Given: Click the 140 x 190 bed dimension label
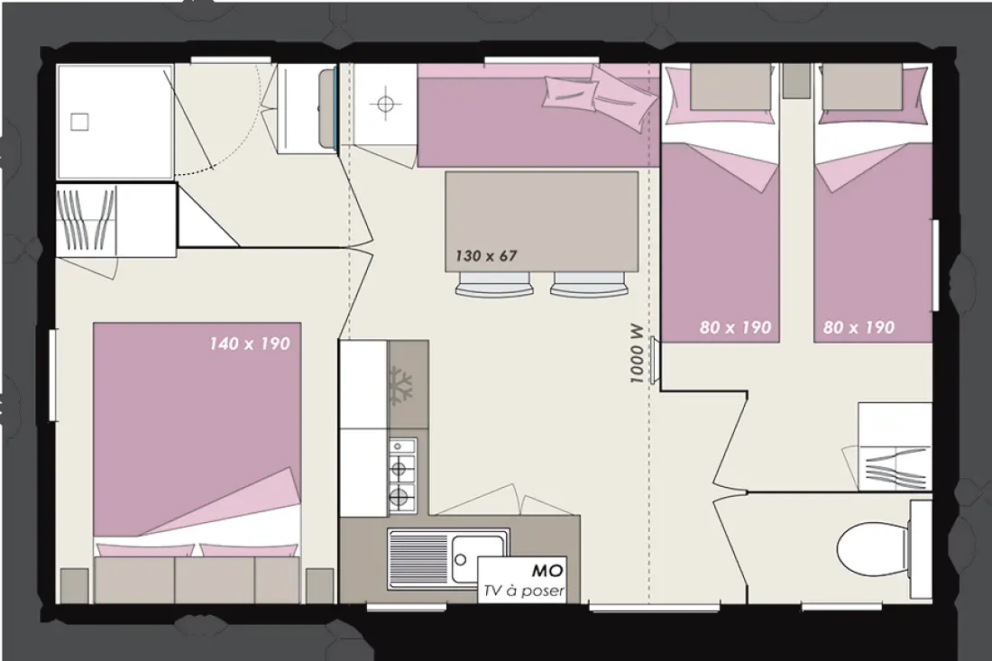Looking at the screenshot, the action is coord(250,344).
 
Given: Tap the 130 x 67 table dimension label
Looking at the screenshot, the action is coord(486,256).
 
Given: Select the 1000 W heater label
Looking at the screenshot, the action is coord(637,354).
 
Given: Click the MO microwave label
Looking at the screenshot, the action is coord(547,571).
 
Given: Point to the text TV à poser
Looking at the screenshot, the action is coord(523,592).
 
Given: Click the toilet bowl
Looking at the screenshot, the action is coord(874,546).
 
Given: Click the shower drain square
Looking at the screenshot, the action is coord(79,122).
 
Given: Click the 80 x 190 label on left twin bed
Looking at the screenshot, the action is coord(735,327).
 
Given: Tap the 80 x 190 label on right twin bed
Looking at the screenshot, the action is coord(859,327).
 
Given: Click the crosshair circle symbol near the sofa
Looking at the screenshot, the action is coord(385,103).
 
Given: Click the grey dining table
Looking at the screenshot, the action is coord(542,222).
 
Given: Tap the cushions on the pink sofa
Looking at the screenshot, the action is coord(599,95).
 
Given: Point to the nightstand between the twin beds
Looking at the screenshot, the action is coord(796,80).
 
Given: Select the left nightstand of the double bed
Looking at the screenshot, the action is coord(74,585).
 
